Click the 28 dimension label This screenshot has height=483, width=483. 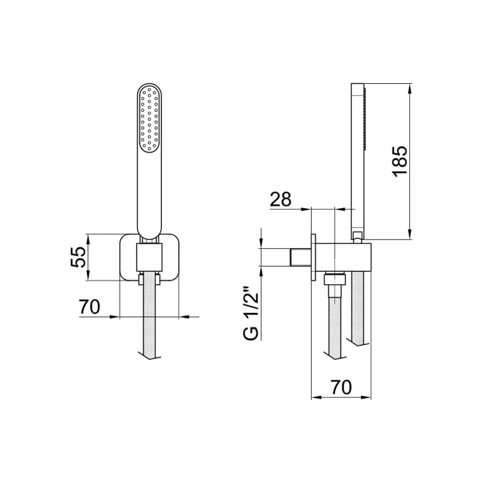[x=281, y=199]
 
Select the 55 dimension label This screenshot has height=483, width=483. [x=77, y=258]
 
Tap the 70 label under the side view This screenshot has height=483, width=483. [x=341, y=387]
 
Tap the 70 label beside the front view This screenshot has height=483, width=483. [x=89, y=307]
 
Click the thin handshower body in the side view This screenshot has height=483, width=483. [x=356, y=157]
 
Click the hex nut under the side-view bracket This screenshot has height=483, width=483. [x=334, y=279]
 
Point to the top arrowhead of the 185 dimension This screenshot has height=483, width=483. [x=410, y=88]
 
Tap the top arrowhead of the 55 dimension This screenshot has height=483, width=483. [x=89, y=237]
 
